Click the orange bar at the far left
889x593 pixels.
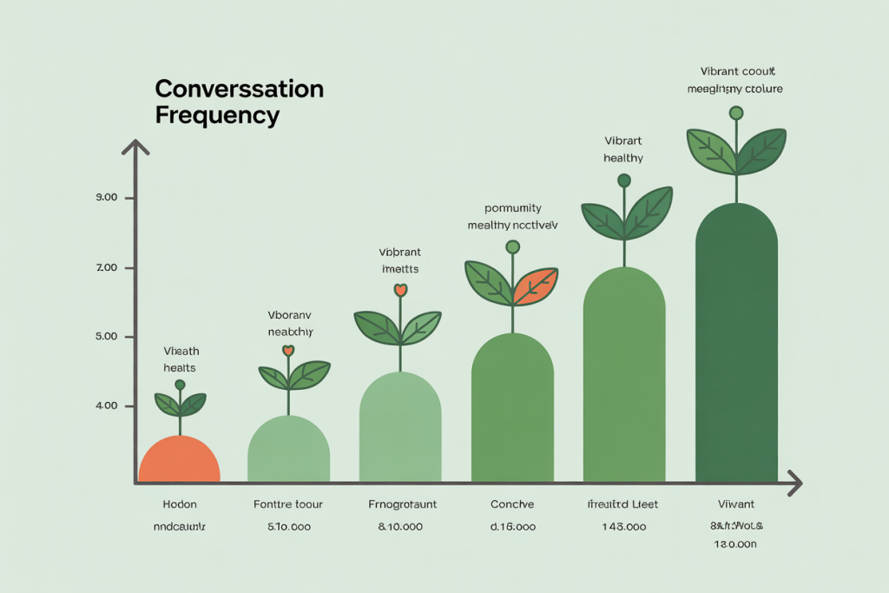(x=180, y=460)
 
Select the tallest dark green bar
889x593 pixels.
(x=736, y=347)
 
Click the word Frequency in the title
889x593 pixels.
(x=217, y=115)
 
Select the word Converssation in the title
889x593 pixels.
(x=239, y=89)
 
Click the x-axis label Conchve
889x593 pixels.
(x=512, y=504)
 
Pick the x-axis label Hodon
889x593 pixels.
(x=180, y=504)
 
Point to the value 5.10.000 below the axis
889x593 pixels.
(x=288, y=526)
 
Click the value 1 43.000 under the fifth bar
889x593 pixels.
(x=623, y=526)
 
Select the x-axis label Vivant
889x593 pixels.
(x=736, y=504)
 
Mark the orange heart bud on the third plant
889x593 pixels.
(x=400, y=290)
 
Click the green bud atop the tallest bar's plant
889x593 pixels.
(x=736, y=113)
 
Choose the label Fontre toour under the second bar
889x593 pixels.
(x=288, y=504)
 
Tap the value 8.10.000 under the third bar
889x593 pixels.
(x=400, y=526)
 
